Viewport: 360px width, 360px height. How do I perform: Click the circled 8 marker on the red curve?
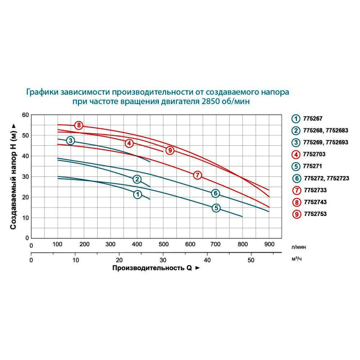coord(79,125)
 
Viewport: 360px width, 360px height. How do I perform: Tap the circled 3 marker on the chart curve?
coord(71,141)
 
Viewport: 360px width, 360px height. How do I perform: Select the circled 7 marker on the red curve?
coord(197,175)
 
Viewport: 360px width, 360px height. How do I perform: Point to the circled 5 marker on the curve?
coord(216,208)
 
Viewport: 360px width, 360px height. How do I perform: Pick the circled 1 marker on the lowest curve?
coord(137,194)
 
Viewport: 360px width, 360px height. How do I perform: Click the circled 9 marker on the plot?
coord(170,150)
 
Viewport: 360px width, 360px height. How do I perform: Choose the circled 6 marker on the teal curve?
coord(216,193)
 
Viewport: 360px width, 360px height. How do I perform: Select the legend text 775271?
coord(315,166)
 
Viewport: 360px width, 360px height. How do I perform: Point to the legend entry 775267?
coord(315,118)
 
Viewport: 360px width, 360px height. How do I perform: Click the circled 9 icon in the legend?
coord(296,214)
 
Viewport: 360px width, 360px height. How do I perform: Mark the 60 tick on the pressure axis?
coord(25,115)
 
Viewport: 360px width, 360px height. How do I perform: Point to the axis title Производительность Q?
coord(152,268)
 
